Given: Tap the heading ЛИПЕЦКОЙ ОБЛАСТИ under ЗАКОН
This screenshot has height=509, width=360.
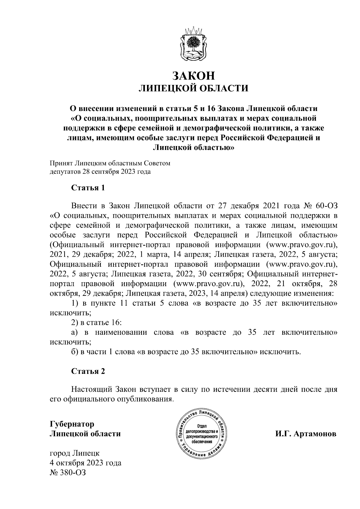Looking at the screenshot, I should (193, 88).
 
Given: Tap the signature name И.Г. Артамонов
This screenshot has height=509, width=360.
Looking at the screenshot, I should (306, 434).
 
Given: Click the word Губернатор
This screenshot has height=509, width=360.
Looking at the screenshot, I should (72, 424).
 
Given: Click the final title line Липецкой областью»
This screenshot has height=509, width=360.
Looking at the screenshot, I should (193, 147).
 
